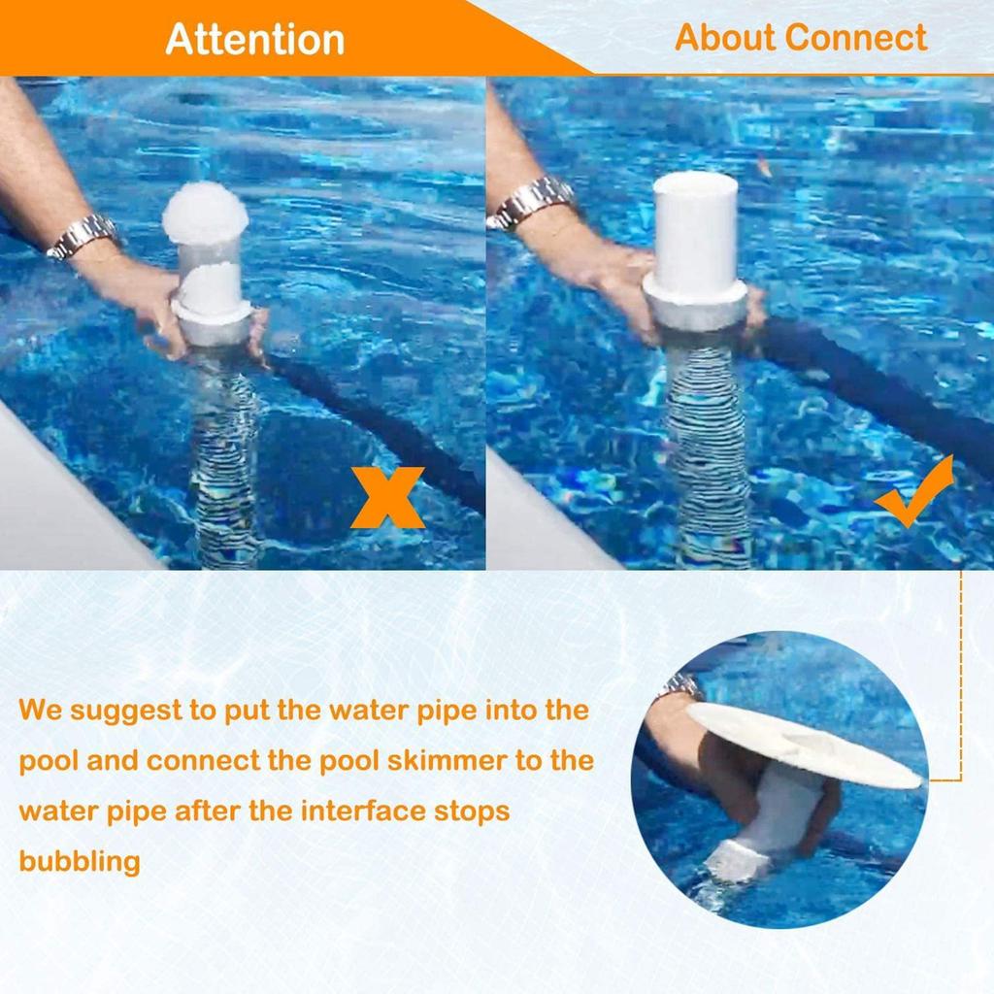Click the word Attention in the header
254,39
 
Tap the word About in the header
724,38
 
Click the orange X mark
387,497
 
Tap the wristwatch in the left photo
84,236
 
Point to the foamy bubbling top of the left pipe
205,215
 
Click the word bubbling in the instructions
80,860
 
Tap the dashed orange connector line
961,679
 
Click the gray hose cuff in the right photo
695,309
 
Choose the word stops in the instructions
467,810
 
